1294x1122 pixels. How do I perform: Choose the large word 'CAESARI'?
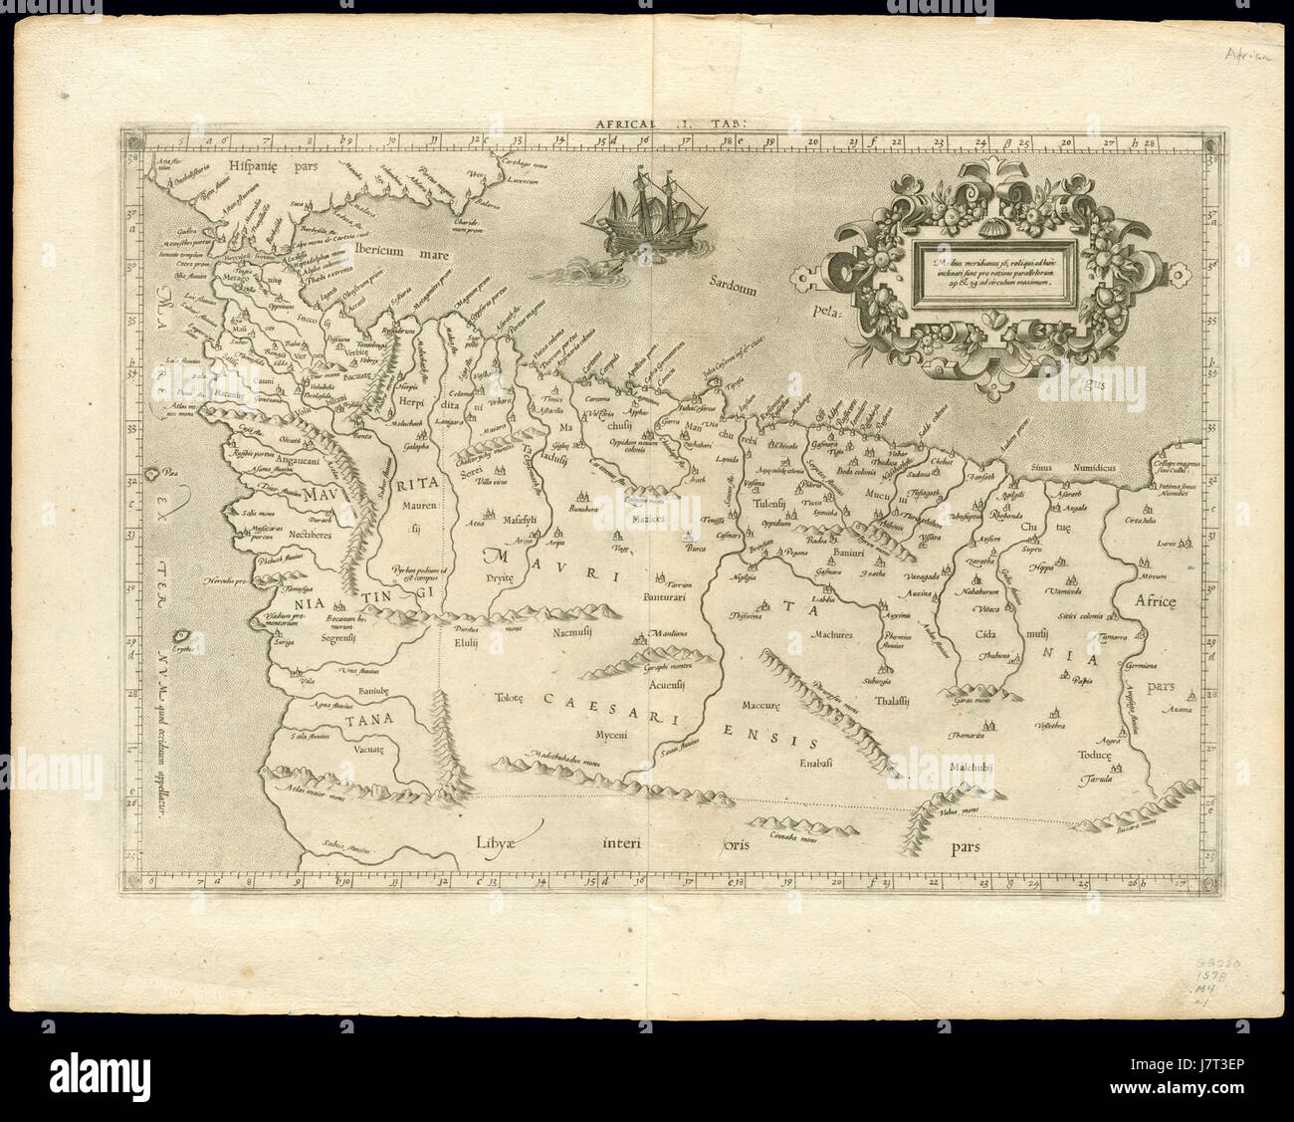[x=599, y=699]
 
